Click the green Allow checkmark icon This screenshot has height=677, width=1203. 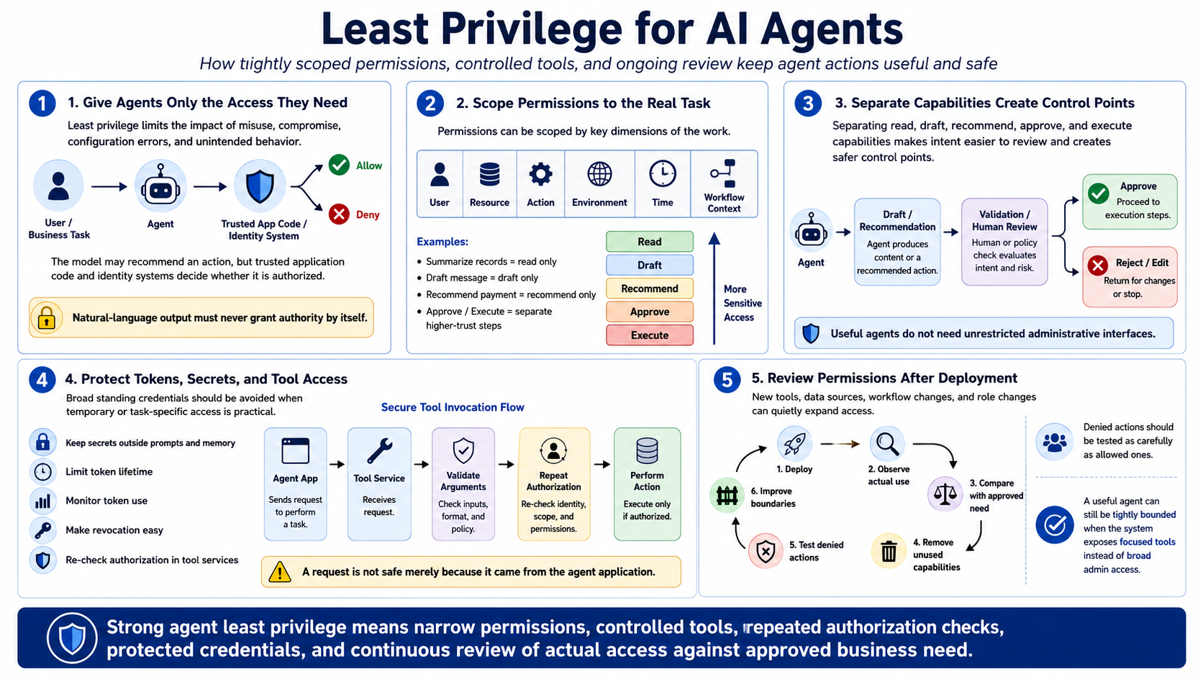pos(339,165)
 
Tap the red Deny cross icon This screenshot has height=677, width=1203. pos(339,214)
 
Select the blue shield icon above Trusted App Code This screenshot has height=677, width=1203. pos(260,186)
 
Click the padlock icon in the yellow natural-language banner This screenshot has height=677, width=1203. pos(47,318)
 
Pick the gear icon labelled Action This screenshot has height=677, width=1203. pos(540,175)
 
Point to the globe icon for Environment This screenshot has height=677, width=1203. pos(599,174)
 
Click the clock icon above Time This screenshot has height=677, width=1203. pos(663,173)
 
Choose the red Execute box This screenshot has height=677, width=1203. pos(649,335)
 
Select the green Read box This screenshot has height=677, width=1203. pos(649,242)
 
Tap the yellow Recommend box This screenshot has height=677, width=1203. pos(649,288)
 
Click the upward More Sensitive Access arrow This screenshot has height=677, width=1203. pos(714,288)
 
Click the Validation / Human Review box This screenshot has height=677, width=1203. pos(1004,242)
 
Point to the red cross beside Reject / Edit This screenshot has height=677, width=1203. pos(1098,265)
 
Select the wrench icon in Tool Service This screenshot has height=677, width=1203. pos(379,450)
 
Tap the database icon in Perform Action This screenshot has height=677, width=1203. pos(647,450)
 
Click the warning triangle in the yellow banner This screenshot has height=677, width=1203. pos(279,572)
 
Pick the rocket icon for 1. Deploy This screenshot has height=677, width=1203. pos(794,444)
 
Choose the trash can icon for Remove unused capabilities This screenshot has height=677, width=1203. pos(889,551)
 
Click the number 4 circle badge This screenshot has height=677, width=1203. pos(42,380)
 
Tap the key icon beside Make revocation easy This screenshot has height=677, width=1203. pos(42,530)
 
